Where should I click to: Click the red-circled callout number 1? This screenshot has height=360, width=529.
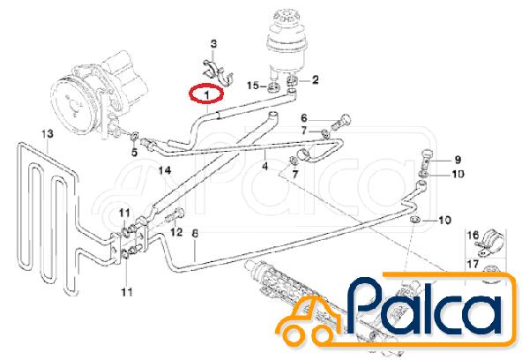click(206, 95)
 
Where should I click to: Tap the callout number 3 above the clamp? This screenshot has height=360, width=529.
click(213, 44)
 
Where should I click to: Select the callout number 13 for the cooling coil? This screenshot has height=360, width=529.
click(48, 134)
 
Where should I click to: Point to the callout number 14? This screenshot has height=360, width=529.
click(165, 170)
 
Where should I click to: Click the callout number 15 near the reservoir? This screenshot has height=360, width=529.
click(253, 85)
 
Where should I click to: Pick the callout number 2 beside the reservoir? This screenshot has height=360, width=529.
click(315, 79)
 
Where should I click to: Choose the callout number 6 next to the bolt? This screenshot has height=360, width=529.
click(304, 118)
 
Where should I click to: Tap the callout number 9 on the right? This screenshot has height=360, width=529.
click(458, 159)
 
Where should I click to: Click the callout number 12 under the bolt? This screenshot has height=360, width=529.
click(176, 232)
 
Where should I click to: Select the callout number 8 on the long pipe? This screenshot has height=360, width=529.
click(195, 234)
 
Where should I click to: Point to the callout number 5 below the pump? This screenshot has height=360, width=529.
click(134, 153)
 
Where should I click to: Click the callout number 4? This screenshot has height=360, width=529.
click(265, 166)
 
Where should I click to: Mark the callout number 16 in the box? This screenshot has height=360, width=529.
click(473, 235)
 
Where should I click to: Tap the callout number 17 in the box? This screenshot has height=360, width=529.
click(473, 264)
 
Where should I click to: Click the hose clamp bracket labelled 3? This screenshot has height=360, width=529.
click(219, 73)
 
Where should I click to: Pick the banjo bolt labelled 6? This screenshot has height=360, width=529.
click(341, 124)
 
